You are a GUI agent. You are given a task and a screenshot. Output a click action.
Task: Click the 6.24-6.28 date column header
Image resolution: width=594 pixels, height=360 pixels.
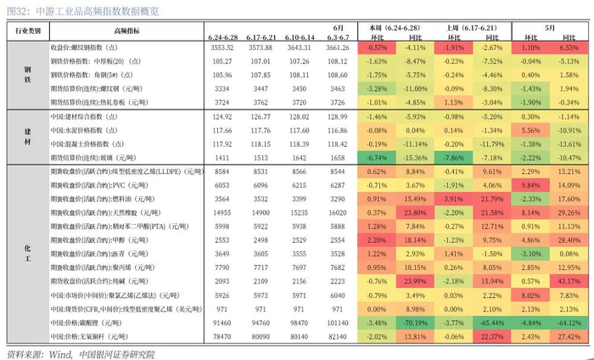click(223, 37)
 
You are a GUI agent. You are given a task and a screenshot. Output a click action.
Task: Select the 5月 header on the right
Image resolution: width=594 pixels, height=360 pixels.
click(551, 27)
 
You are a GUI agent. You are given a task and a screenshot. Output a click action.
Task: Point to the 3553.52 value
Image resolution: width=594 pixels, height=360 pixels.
click(223, 48)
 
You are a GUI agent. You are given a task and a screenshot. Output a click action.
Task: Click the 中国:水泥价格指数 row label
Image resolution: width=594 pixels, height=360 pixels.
click(96, 130)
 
